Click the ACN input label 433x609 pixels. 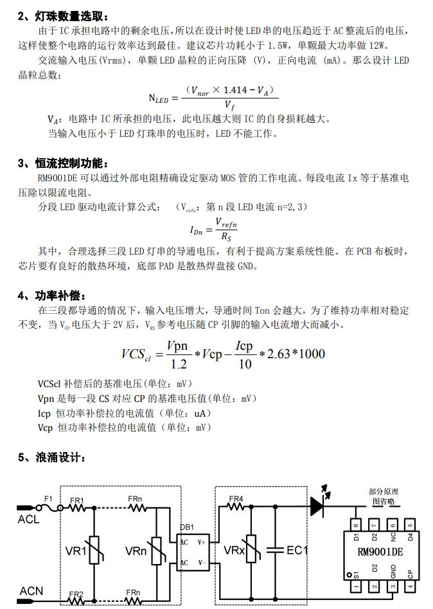(31, 590)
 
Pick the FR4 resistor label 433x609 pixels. (236, 498)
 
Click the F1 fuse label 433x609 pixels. (48, 498)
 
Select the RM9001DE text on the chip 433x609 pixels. (380, 552)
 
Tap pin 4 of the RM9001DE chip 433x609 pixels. (409, 586)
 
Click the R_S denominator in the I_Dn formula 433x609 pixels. (225, 237)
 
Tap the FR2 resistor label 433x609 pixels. (76, 594)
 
